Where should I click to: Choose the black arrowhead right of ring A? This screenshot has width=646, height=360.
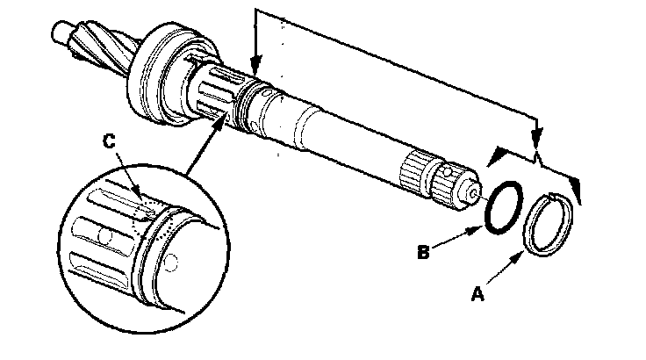click(x=575, y=184)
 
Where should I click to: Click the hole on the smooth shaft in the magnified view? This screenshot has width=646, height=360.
click(x=172, y=260)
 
